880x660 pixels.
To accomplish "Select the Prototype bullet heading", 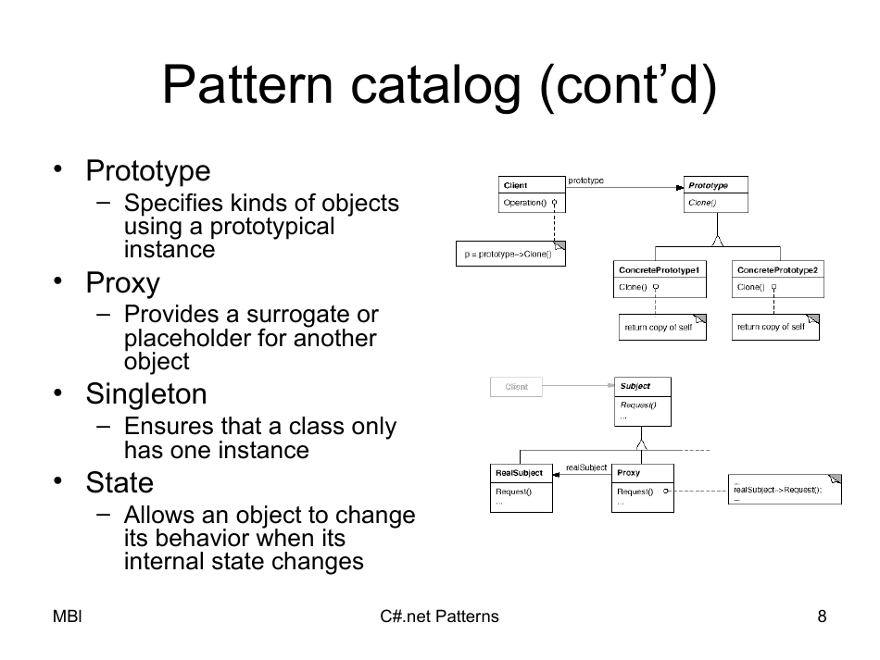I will click(148, 171).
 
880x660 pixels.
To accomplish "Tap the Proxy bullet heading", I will click(122, 283).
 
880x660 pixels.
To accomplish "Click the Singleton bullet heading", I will click(146, 394).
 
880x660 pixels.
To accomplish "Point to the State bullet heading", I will click(119, 483).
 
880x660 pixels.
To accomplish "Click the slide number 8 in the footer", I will click(822, 616).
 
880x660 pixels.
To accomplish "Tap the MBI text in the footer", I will click(68, 616).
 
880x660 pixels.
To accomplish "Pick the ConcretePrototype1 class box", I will click(659, 278).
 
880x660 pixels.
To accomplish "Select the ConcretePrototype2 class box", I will click(777, 278).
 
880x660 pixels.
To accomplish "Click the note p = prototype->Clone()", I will click(509, 254).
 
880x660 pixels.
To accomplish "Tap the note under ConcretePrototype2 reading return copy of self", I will click(774, 327).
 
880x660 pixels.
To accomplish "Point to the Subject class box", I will click(642, 401).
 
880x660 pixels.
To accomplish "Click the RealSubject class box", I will click(521, 487).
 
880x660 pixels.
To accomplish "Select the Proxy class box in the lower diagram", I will click(642, 487).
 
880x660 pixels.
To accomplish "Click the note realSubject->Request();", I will click(785, 489).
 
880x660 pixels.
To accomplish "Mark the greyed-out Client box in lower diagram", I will click(516, 387).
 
